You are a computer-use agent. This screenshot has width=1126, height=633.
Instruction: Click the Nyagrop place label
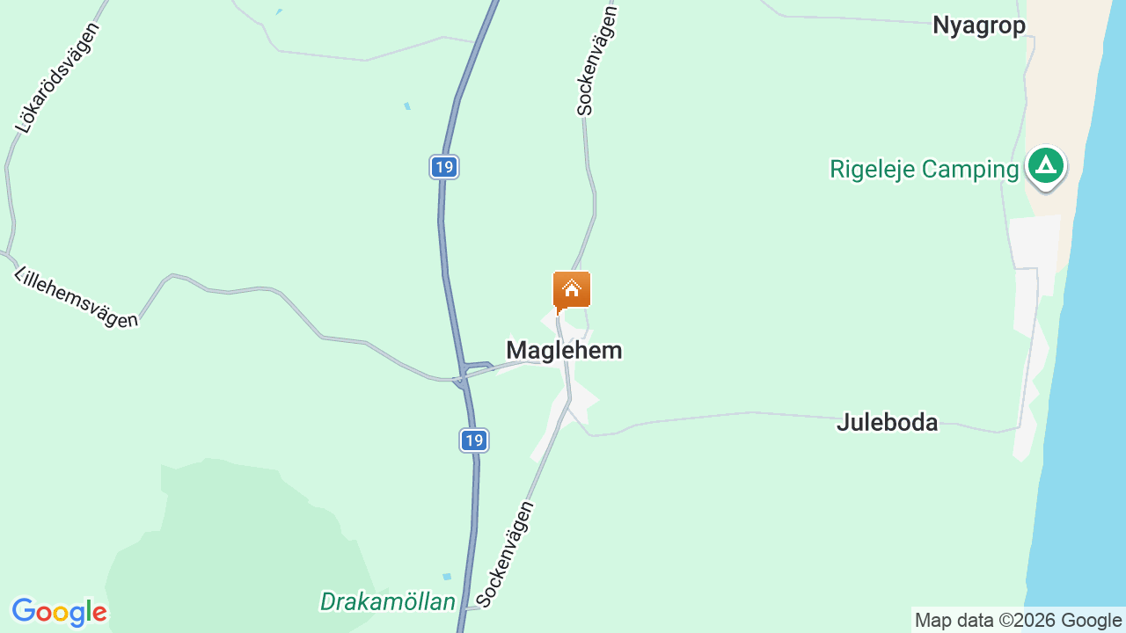point(979,25)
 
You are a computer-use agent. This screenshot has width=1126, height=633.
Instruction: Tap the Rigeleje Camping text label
point(924,169)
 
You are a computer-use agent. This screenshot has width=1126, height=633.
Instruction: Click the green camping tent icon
point(1045,164)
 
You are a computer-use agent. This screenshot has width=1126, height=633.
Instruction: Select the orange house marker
point(572,290)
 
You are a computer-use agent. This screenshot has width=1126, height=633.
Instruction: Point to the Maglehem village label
point(564,350)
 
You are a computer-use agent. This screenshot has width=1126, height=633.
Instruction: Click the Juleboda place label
point(887,422)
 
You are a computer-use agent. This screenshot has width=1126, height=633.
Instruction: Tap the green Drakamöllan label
point(388,602)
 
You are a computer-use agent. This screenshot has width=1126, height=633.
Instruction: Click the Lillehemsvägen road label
point(76,297)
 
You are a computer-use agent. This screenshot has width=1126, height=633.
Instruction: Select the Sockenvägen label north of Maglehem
point(598,60)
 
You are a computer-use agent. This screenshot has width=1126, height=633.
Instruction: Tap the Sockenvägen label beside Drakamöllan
point(505,554)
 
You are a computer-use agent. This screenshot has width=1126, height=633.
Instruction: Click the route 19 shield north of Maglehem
point(444,166)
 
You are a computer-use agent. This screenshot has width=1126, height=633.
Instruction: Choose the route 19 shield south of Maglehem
point(474,440)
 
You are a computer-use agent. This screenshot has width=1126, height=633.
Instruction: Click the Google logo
point(59,612)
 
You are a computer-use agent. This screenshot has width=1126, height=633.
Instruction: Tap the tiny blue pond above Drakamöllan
point(447,577)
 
